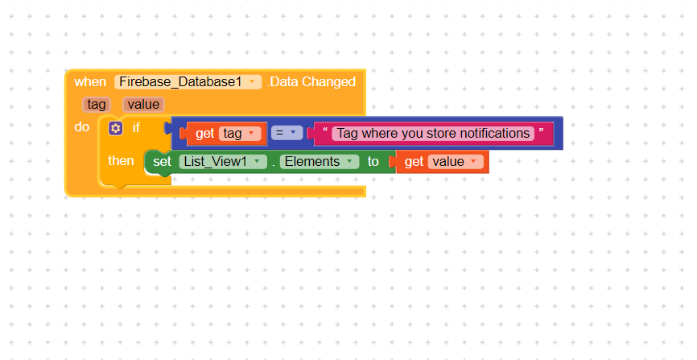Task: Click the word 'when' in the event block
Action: (90, 82)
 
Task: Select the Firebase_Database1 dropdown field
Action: (188, 82)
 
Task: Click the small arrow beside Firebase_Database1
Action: (252, 81)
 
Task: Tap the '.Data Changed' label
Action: (311, 82)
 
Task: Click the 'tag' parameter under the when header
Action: (97, 105)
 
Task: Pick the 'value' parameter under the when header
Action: (143, 105)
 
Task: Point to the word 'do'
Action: (82, 126)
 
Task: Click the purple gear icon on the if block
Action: (116, 128)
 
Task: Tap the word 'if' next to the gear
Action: (136, 128)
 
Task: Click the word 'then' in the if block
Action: (121, 160)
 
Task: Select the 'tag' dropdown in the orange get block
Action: (240, 134)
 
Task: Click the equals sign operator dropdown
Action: (287, 133)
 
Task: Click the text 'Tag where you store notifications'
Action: (433, 134)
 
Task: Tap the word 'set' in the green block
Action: (163, 162)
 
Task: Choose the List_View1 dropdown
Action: (223, 162)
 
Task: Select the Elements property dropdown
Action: (320, 162)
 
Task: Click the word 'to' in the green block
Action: (373, 162)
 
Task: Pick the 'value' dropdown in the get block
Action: (456, 162)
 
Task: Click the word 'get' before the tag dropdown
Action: (205, 134)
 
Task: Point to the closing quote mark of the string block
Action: (541, 130)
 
